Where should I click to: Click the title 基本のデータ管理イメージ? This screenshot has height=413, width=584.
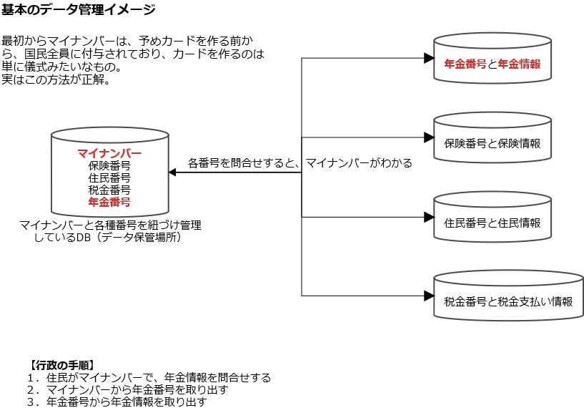[x=78, y=9]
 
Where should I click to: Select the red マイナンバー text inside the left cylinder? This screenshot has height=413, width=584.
[x=109, y=153]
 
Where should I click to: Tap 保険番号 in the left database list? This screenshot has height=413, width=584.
[x=109, y=165]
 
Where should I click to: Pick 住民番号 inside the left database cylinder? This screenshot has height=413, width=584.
[x=109, y=178]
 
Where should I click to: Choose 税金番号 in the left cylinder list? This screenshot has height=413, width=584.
[x=109, y=190]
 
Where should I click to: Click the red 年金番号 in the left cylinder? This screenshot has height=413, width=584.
[x=109, y=202]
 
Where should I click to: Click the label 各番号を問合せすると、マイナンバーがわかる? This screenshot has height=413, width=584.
[x=300, y=162]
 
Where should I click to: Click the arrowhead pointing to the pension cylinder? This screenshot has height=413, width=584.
[x=430, y=58]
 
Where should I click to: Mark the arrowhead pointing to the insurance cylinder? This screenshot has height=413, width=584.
[x=430, y=137]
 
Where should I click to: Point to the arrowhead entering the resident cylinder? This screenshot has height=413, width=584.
[x=430, y=216]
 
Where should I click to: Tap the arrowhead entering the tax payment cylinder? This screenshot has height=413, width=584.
[x=430, y=295]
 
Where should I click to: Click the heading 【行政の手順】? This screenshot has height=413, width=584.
[x=59, y=365]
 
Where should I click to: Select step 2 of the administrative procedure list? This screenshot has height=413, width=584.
[x=127, y=389]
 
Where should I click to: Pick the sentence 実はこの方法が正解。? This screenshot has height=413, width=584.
[x=56, y=79]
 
